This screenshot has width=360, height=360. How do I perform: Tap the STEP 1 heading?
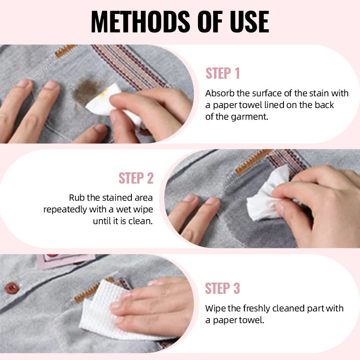(x=223, y=73)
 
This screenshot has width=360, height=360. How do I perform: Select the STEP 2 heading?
(x=136, y=178)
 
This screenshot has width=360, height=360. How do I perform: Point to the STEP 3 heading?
(x=223, y=288)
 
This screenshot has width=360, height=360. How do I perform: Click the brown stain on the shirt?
(x=86, y=92)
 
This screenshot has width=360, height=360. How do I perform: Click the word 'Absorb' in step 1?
(x=219, y=94)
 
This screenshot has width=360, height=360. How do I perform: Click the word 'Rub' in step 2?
(x=76, y=198)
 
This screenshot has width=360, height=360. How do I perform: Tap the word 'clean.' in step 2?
(x=142, y=221)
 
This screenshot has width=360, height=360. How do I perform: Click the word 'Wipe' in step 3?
(x=215, y=308)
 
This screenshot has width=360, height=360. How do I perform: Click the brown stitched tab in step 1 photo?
(x=66, y=50)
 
